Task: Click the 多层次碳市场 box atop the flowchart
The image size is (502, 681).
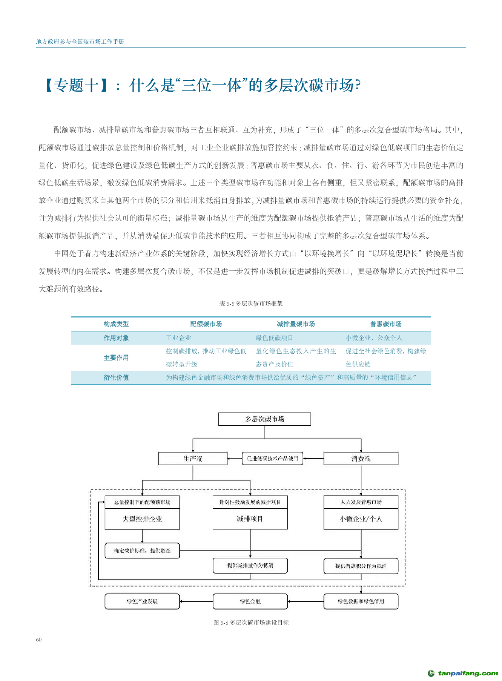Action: pos(264,419)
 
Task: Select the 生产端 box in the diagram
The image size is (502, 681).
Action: pos(193,459)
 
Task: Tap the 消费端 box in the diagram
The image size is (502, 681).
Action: pos(361,459)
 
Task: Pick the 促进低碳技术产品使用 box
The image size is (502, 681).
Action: pos(272,459)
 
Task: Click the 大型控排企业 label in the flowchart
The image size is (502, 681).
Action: pos(142,519)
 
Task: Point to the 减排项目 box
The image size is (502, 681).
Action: pos(250,519)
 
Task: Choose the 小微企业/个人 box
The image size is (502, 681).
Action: pos(361,519)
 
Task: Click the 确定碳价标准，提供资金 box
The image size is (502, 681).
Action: pos(142,551)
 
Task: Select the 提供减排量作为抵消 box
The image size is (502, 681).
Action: pos(250,565)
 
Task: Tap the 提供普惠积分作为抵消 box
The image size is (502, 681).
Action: pos(361,566)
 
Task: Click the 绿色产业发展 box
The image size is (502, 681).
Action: pos(142,601)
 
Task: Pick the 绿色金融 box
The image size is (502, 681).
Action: pos(250,601)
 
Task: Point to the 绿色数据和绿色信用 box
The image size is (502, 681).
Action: pos(361,601)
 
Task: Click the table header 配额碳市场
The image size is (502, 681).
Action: pos(206,324)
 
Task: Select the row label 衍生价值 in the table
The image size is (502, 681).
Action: pos(116,377)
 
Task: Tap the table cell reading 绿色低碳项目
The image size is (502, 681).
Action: pos(274,338)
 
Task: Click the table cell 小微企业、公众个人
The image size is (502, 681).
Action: pos(374,338)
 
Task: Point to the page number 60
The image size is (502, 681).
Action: pos(39,640)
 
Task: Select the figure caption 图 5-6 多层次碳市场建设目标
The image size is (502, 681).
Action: pos(251,623)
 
